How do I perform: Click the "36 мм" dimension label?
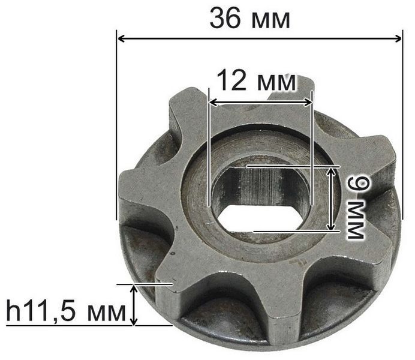250,19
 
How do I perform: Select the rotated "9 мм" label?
356,208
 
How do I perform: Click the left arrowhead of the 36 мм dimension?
121,39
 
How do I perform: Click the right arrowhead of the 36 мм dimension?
398,39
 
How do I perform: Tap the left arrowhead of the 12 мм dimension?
213,103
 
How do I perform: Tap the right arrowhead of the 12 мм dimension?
308,103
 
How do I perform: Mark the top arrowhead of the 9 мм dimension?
330,172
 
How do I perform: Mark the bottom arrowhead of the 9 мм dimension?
330,226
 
